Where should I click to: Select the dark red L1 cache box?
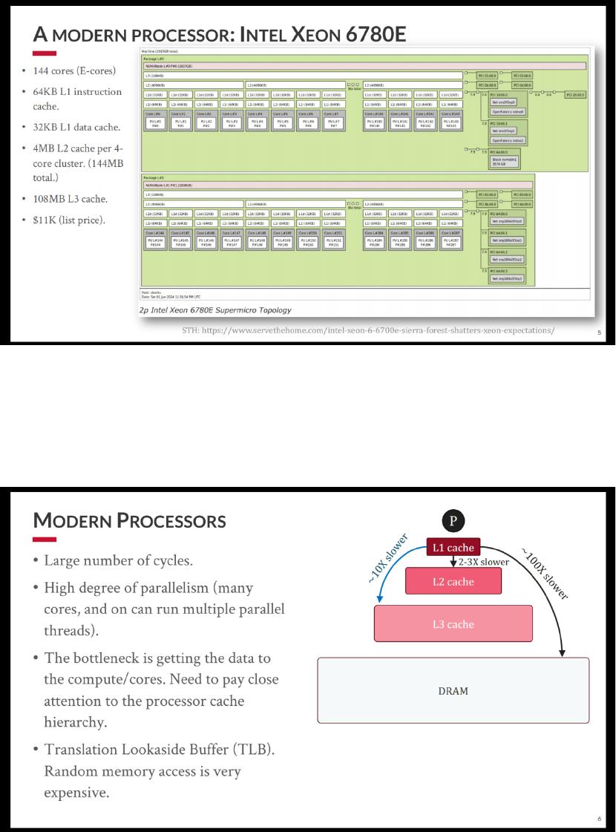pos(453,548)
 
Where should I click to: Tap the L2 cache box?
pos(453,581)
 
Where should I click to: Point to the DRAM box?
pos(453,690)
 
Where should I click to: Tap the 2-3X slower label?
pos(484,562)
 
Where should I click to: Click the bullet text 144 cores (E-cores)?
pos(73,71)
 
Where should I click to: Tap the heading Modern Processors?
pos(130,520)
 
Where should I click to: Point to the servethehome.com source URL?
pos(368,330)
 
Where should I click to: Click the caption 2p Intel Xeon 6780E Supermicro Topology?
pos(215,309)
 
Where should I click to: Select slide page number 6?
pos(599,819)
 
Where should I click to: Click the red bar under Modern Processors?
pos(45,539)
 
